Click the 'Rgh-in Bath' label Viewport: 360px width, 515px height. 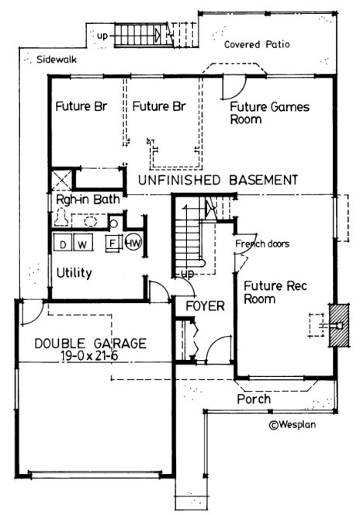tap(88, 199)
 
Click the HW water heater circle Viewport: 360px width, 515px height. tap(133, 243)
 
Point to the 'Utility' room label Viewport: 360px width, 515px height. tap(74, 273)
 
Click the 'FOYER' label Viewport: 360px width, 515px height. tap(205, 306)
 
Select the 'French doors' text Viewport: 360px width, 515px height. tap(261, 244)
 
